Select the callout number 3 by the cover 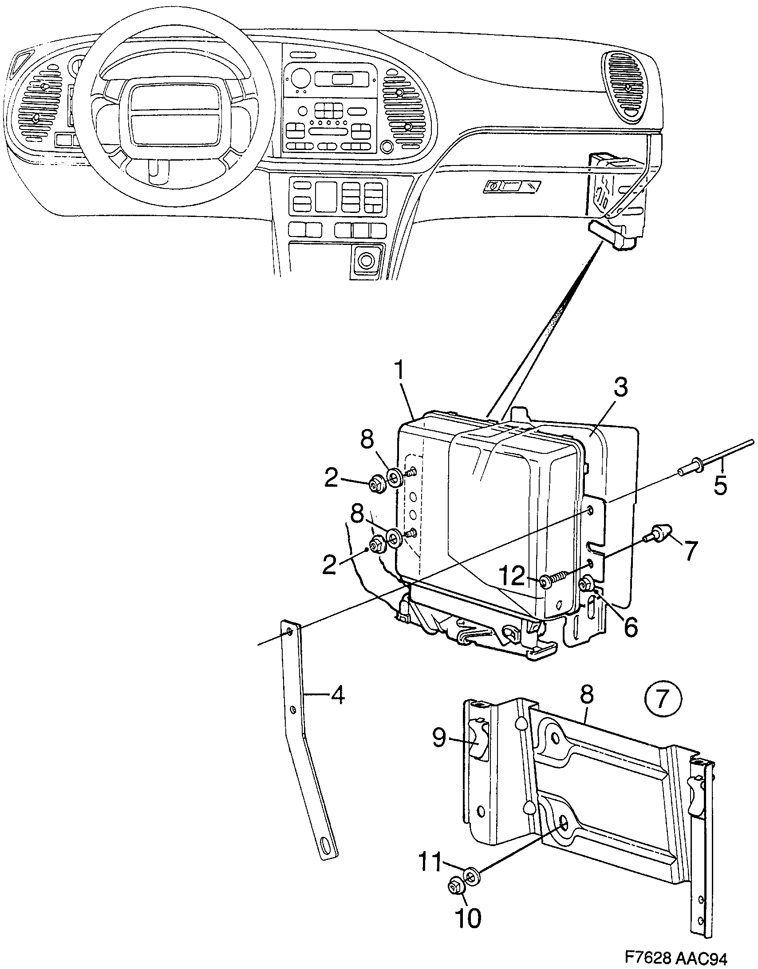tap(620, 388)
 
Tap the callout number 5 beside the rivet tap(720, 485)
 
